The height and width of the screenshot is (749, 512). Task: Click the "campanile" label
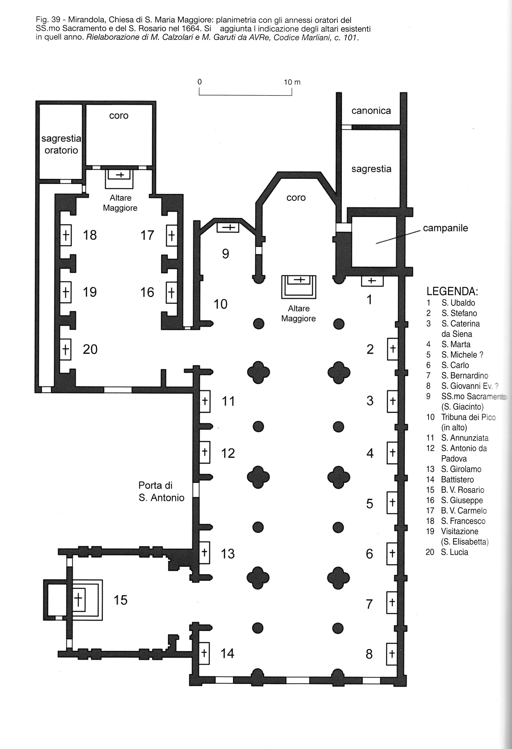pos(445,228)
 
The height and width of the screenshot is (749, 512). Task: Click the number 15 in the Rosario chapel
pos(120,600)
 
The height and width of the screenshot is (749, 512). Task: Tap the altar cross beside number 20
pos(66,349)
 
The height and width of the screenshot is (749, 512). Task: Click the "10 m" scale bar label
pos(292,82)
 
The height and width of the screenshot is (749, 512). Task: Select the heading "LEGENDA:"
pos(452,291)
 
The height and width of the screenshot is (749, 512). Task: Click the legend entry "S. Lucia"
pos(454,552)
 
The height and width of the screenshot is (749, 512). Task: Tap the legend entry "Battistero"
pos(457,480)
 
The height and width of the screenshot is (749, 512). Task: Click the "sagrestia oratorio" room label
pos(61,144)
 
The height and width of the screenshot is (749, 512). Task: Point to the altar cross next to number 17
pos(171,236)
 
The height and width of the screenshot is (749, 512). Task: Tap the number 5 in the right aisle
pos(370,504)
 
